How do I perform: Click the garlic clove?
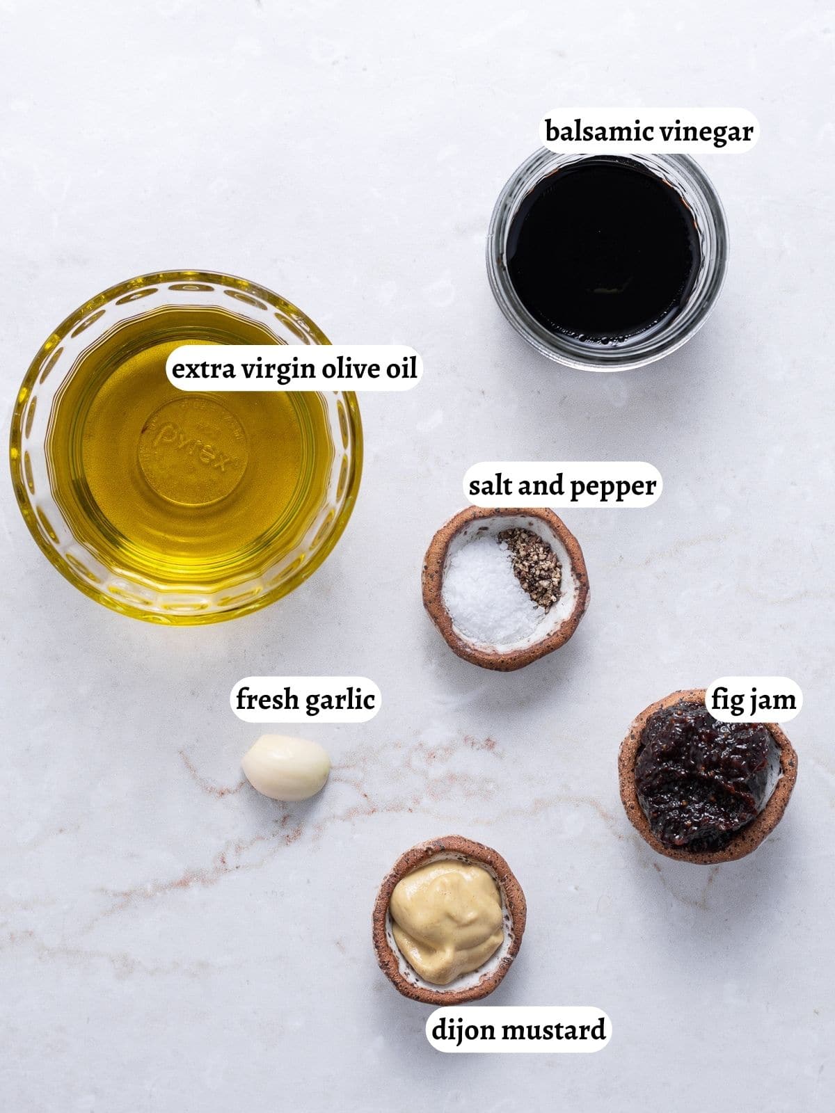point(286,767)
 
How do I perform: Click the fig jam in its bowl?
point(703,772)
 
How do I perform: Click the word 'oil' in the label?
point(401,368)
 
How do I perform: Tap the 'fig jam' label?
point(753,699)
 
